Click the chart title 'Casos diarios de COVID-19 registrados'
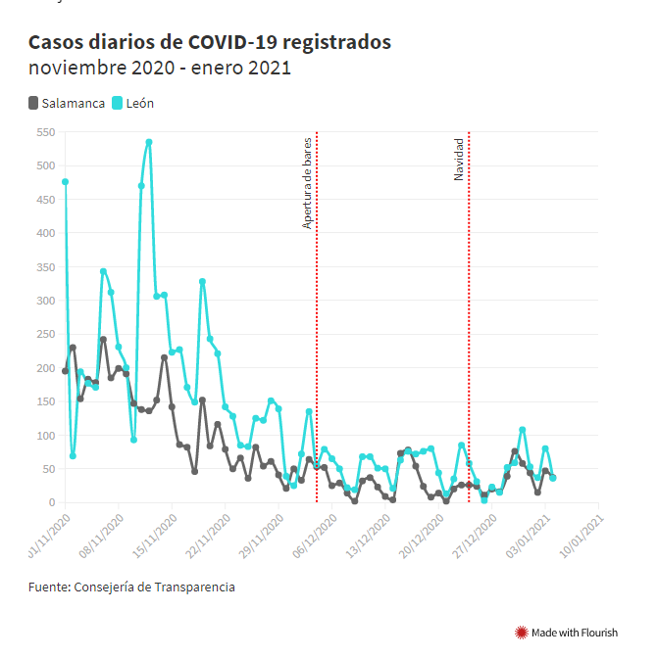point(210,43)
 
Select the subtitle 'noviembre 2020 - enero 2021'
point(159,70)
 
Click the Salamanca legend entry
point(68,103)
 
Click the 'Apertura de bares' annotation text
point(307,183)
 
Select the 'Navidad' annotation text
point(458,159)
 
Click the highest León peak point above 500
point(149,142)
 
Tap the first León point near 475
point(65,181)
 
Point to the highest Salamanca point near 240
point(103,340)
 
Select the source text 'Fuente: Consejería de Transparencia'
point(131,587)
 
